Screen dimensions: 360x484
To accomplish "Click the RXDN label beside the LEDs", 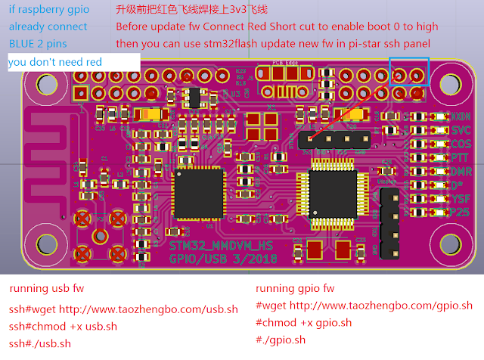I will click(461, 117).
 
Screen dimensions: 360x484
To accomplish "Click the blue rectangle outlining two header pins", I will click(409, 72).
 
